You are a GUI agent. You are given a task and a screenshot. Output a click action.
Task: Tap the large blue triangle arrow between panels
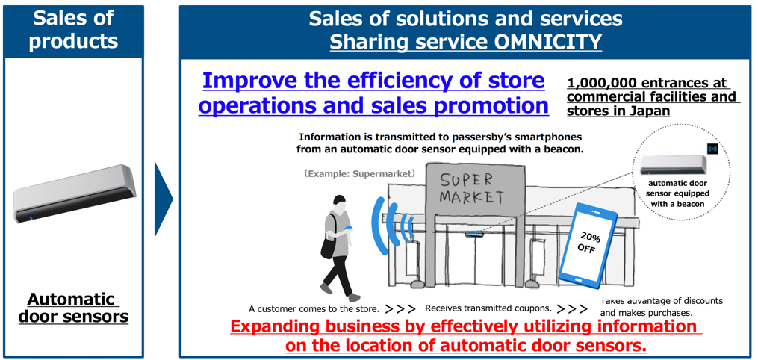(163, 199)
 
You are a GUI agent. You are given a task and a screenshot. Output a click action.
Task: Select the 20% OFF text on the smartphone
(587, 243)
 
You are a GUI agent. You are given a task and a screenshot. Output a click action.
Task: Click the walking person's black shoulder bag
(329, 244)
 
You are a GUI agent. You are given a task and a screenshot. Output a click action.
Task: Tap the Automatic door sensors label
(74, 308)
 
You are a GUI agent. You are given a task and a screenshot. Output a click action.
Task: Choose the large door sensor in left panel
(73, 193)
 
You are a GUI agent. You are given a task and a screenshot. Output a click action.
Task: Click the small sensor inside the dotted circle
(674, 165)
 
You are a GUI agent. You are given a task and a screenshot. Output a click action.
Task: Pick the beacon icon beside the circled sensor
(712, 149)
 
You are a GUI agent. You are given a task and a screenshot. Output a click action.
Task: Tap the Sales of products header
(73, 29)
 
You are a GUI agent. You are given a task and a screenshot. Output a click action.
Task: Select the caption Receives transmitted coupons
(488, 308)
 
